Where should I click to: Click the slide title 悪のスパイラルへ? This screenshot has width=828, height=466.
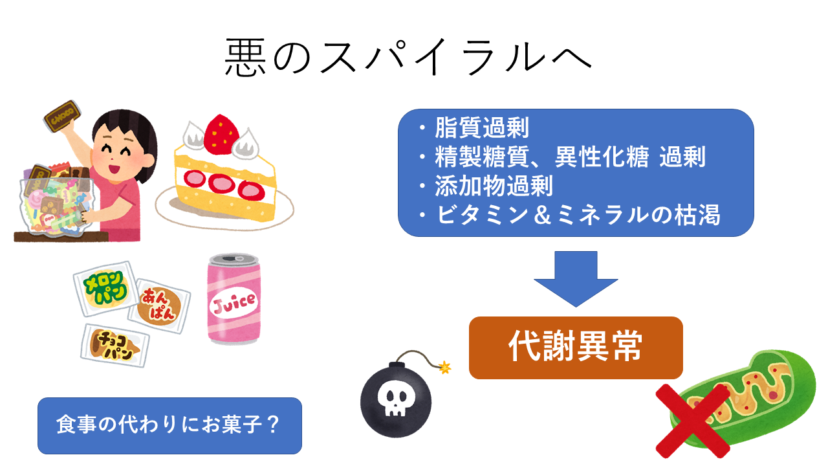click(x=408, y=58)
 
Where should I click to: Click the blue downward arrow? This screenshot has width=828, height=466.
click(x=575, y=278)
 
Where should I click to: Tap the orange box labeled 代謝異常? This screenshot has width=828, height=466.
click(x=575, y=348)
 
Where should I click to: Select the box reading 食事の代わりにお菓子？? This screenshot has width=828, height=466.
click(x=169, y=425)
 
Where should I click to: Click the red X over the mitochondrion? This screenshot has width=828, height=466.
click(x=692, y=421)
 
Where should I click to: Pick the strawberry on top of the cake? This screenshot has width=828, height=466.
click(x=221, y=133)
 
